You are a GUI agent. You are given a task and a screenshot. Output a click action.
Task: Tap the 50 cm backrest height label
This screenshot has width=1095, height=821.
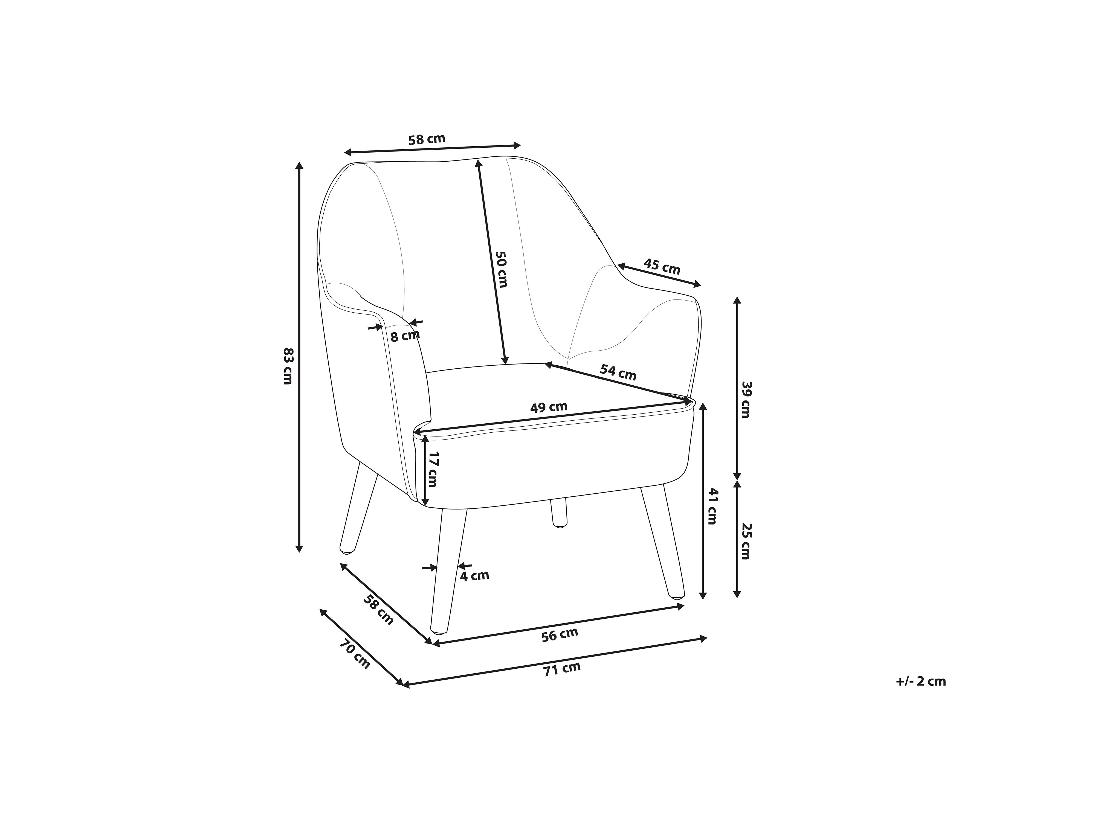pos(501,269)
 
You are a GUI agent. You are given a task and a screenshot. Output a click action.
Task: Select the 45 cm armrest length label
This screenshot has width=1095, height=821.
pos(662,267)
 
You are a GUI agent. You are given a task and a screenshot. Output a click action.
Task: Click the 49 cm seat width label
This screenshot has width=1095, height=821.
pos(549,407)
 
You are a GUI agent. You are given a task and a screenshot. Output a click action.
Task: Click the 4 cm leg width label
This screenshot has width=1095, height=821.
pos(474,575)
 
